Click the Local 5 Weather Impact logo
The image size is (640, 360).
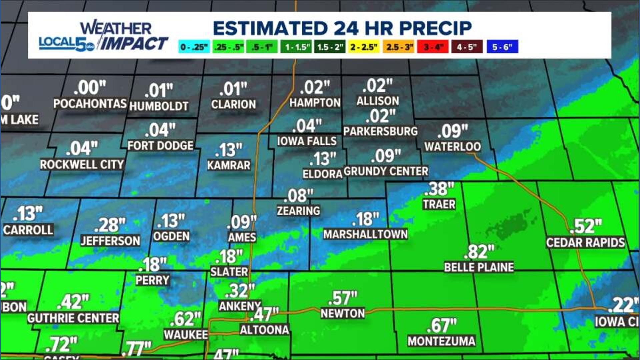[x=103, y=36]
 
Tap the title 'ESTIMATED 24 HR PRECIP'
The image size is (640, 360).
[x=342, y=28]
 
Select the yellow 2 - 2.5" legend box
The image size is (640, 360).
[x=364, y=47]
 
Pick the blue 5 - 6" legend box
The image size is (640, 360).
[x=502, y=47]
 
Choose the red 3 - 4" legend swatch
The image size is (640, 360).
[x=433, y=47]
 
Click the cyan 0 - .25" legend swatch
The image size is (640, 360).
[x=194, y=47]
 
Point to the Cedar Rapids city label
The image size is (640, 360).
[x=585, y=242]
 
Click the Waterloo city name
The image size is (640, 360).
[x=452, y=146]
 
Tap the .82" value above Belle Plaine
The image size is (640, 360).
[x=479, y=252]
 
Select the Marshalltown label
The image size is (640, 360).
[x=365, y=234]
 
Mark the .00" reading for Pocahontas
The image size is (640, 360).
[x=90, y=88]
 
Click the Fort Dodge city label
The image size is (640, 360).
[x=160, y=146]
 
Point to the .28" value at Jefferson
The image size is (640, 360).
[x=110, y=225]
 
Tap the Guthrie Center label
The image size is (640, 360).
[x=73, y=318]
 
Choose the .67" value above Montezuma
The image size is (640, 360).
[x=442, y=326]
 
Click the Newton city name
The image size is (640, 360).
[x=343, y=313]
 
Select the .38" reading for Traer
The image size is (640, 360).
[x=439, y=189]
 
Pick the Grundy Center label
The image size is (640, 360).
[x=386, y=171]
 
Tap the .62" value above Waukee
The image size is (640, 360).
[x=185, y=319]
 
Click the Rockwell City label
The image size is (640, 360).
[x=82, y=164]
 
